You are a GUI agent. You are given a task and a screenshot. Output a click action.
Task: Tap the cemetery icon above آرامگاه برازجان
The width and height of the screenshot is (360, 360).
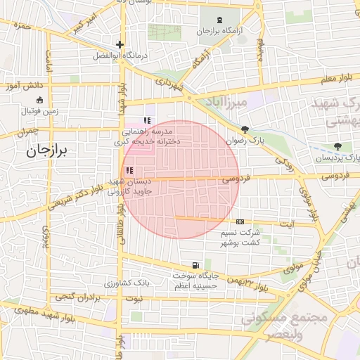click(x=220, y=19)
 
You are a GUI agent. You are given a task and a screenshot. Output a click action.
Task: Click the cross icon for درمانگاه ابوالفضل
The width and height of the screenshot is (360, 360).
click(x=120, y=45)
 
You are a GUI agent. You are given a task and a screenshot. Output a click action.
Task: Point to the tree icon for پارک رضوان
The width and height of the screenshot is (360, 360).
click(x=245, y=129)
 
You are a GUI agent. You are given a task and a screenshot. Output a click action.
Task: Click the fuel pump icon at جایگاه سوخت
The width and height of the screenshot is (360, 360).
click(x=195, y=266)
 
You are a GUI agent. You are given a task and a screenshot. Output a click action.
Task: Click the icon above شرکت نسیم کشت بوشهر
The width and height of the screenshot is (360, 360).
click(x=240, y=221)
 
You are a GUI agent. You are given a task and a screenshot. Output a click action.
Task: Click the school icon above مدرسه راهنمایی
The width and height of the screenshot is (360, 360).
click(x=147, y=120)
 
